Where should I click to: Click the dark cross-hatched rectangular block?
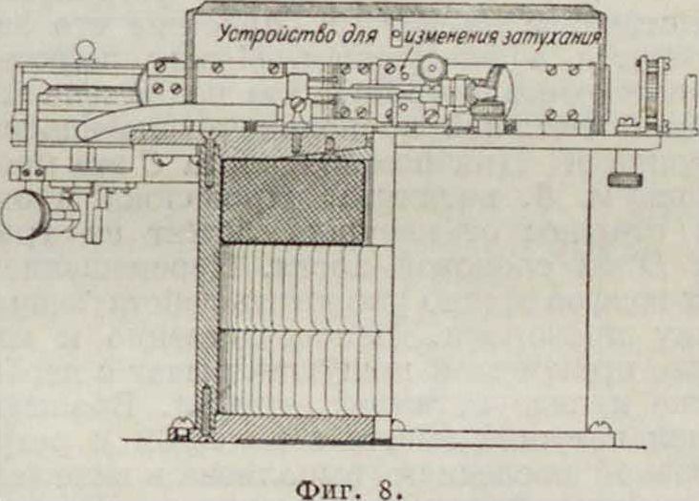click(x=292, y=200)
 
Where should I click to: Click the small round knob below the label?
click(x=436, y=69)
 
